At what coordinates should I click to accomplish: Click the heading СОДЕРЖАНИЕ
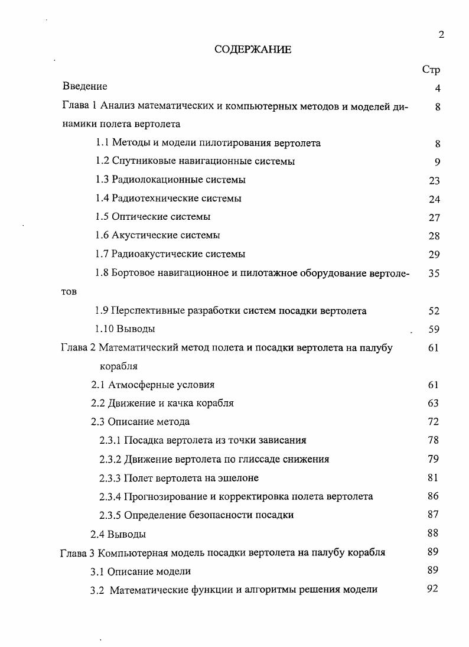pyautogui.click(x=252, y=50)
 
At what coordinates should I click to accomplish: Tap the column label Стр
pyautogui.click(x=431, y=69)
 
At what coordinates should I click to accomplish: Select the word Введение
pyautogui.click(x=85, y=87)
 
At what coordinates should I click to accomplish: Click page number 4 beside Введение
pyautogui.click(x=437, y=89)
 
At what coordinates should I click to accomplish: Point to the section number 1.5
pyautogui.click(x=102, y=217)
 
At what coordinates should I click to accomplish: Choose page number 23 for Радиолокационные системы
pyautogui.click(x=434, y=181)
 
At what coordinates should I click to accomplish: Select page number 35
pyautogui.click(x=434, y=274)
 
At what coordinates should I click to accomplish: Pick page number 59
pyautogui.click(x=434, y=330)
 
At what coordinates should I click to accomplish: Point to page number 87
pyautogui.click(x=433, y=514)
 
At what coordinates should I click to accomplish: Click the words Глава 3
pyautogui.click(x=77, y=552)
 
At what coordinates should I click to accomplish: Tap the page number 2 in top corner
pyautogui.click(x=441, y=35)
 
